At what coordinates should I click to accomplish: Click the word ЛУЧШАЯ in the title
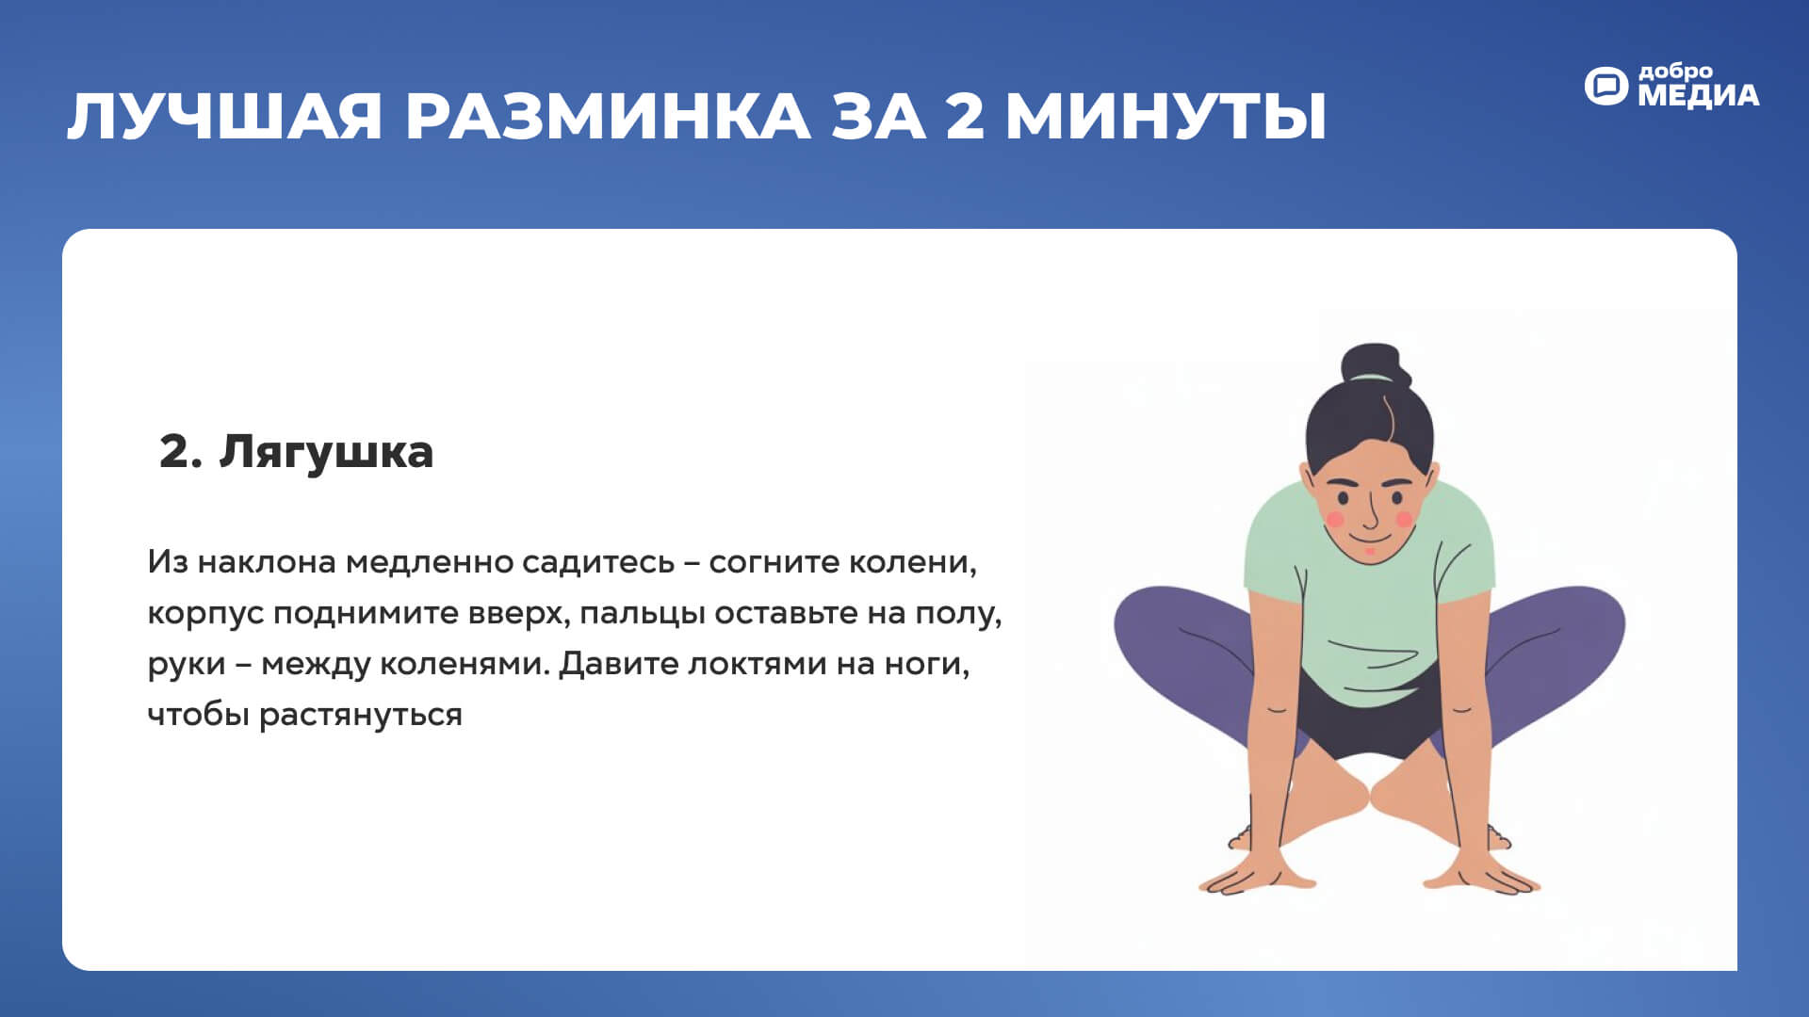pos(224,117)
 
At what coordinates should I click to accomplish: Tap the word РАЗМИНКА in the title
pos(608,117)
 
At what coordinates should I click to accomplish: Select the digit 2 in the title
pos(964,117)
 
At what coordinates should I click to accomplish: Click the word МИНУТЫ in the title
pos(1166,117)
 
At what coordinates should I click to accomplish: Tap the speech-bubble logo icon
pos(1605,86)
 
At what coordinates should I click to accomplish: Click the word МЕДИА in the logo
pos(1698,95)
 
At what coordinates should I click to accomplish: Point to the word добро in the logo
pos(1675,72)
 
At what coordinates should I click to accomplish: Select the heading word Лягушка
pos(326,453)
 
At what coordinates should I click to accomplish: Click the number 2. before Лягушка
pos(180,452)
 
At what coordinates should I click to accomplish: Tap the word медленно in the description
pos(429,562)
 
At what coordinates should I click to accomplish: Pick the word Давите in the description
pos(618,664)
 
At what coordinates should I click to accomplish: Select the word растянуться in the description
pos(361,716)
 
